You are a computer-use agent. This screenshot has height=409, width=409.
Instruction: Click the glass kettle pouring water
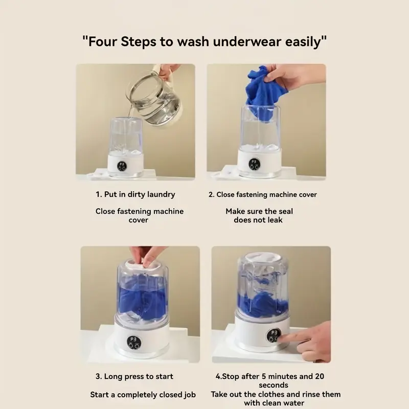(x=154, y=100)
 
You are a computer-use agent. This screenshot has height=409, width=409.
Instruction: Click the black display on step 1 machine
(x=122, y=166)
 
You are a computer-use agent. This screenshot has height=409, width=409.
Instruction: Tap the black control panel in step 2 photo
(x=254, y=164)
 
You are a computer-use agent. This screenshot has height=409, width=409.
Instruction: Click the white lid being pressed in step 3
(x=142, y=265)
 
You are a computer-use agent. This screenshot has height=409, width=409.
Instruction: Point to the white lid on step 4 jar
(x=263, y=257)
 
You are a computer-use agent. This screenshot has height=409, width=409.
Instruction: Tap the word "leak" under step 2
(x=275, y=220)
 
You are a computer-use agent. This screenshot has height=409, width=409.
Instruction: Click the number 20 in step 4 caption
(x=320, y=376)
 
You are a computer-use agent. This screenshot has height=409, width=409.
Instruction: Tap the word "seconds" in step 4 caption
(x=274, y=385)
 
